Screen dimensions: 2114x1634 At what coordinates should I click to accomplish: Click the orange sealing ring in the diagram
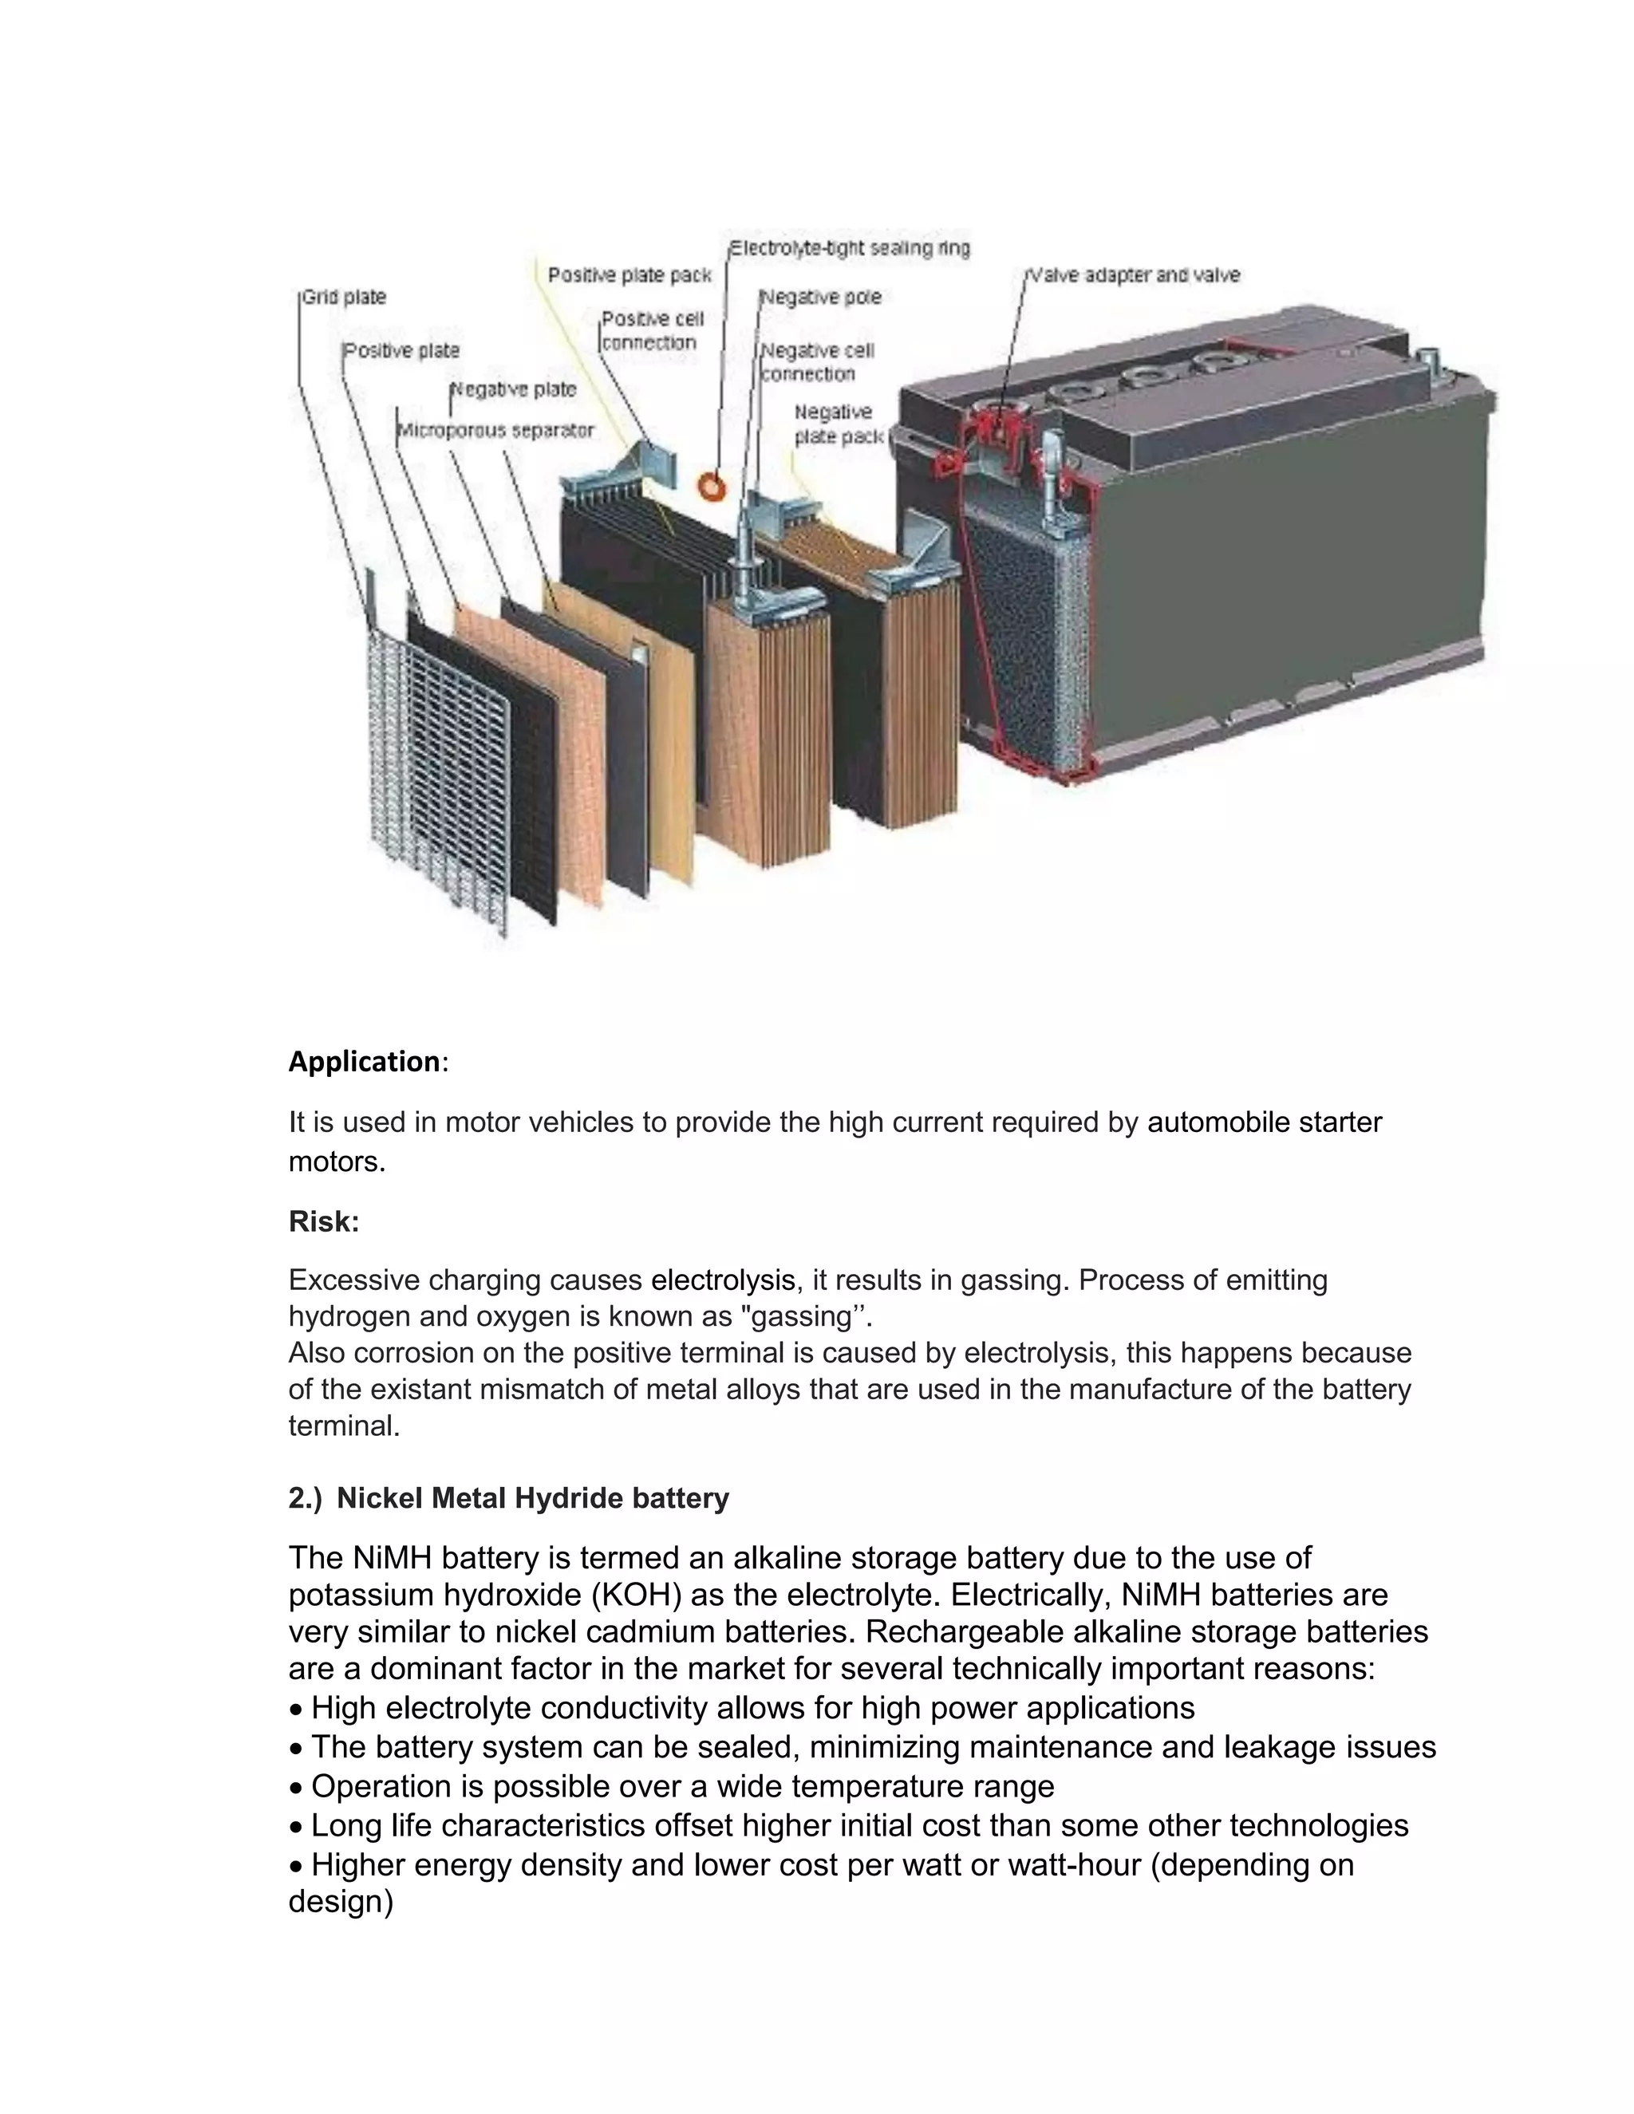[x=712, y=486]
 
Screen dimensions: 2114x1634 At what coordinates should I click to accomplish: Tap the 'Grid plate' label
[x=344, y=298]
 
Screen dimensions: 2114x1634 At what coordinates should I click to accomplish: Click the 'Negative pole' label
[x=822, y=298]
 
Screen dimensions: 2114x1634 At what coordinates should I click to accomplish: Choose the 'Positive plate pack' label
[x=630, y=275]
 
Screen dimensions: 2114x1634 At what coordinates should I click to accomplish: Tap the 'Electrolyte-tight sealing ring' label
[x=850, y=248]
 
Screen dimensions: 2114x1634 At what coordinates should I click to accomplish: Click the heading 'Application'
[x=365, y=1062]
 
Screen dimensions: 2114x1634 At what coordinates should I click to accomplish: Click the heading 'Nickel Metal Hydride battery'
[x=532, y=1498]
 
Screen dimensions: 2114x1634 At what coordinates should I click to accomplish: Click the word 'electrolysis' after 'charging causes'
[x=723, y=1280]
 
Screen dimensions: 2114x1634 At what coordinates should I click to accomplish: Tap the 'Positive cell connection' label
[x=653, y=330]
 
